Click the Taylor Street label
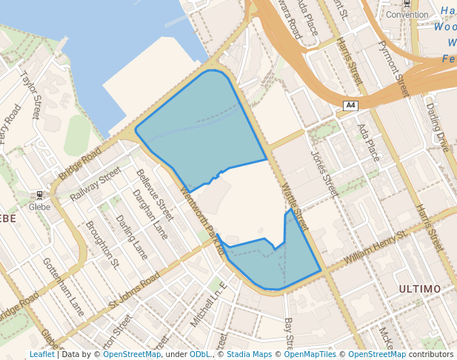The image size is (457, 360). pyautogui.click(x=31, y=95)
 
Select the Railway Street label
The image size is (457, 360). pyautogui.click(x=95, y=184)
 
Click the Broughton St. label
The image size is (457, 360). pyautogui.click(x=102, y=243)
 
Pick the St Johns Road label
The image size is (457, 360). pyautogui.click(x=134, y=290)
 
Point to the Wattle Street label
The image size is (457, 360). pyautogui.click(x=293, y=201)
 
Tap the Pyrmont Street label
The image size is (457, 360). pyautogui.click(x=393, y=69)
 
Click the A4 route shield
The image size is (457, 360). pyautogui.click(x=350, y=106)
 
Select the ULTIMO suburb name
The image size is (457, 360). pyautogui.click(x=419, y=288)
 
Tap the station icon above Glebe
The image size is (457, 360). pyautogui.click(x=39, y=195)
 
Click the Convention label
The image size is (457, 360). pyautogui.click(x=407, y=15)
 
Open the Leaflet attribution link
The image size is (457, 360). pyautogui.click(x=41, y=355)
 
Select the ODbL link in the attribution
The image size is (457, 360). pyautogui.click(x=200, y=355)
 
